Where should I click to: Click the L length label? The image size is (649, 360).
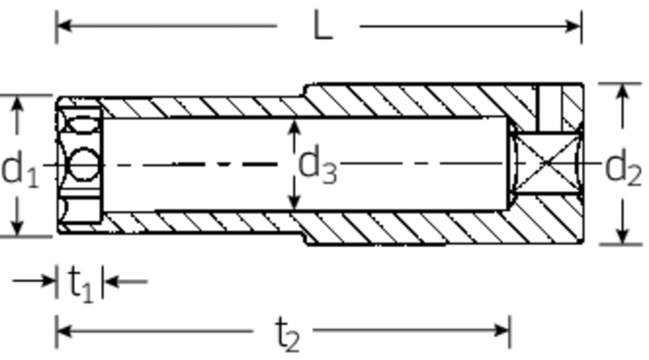click(324, 26)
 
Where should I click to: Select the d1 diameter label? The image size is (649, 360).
click(19, 169)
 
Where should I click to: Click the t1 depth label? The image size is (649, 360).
click(81, 284)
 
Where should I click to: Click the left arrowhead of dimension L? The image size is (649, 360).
click(64, 26)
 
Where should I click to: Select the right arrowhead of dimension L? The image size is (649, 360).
click(574, 27)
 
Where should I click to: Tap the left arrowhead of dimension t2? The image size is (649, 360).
click(64, 330)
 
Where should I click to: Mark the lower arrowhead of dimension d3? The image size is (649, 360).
click(294, 201)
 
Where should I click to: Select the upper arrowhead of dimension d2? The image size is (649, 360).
click(622, 92)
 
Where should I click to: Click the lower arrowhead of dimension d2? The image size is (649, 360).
click(622, 235)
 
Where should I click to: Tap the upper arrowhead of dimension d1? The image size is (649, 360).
click(17, 104)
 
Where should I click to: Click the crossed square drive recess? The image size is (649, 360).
click(547, 162)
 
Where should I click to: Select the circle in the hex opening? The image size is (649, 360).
click(84, 164)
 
